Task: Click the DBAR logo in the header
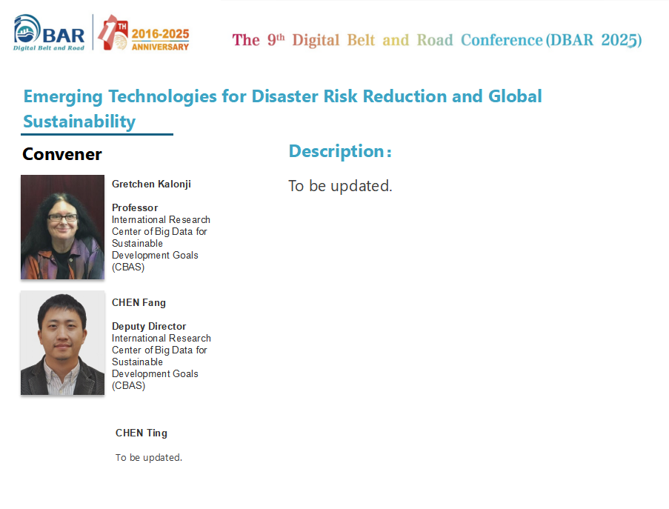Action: pos(49,33)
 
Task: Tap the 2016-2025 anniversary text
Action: pos(160,34)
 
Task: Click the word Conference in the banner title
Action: pos(502,40)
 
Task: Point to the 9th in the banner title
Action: pos(276,40)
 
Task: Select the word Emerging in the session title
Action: pos(63,97)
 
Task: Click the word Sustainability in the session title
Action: pos(79,122)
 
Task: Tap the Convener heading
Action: pos(62,154)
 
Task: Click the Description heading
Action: pos(340,151)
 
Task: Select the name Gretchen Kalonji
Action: pos(151,184)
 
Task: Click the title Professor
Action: pos(135,207)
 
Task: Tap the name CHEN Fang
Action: pos(139,302)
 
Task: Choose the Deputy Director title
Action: pos(149,327)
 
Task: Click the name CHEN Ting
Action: pos(142,433)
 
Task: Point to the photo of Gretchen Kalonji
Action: pos(62,227)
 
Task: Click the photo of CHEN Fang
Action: pos(62,343)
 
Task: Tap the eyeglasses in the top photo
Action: pos(63,218)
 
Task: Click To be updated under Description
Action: pos(340,186)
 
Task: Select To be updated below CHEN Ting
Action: pos(148,457)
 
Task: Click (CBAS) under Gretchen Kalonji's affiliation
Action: pos(128,267)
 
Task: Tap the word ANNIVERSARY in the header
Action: pos(160,47)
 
